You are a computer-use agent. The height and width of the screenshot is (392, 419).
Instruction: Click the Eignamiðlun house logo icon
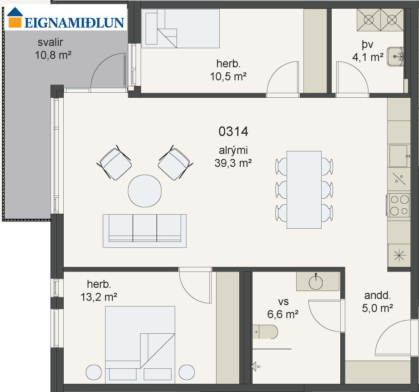coord(15,17)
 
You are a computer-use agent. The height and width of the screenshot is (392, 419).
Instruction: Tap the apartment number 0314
coord(233,131)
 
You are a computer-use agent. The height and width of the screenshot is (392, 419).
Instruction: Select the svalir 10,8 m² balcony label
coord(53,49)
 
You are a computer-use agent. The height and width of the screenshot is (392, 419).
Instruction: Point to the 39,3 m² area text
coord(233,163)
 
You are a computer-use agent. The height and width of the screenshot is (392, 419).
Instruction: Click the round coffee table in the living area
coord(145,191)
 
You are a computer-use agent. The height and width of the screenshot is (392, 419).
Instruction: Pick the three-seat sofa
coord(145,231)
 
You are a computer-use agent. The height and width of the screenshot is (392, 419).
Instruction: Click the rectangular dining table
coord(304,190)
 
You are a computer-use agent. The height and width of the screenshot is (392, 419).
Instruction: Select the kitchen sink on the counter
coord(399,156)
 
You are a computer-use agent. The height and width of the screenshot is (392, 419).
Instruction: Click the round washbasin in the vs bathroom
coord(316,282)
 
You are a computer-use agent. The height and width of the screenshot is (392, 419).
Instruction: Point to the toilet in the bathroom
coord(265,332)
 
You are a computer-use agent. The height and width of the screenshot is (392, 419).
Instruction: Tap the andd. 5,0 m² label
coord(377,302)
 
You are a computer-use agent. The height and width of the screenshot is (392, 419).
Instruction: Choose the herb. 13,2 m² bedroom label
coord(99,291)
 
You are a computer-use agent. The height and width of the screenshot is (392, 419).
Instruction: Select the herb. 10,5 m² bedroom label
coord(228,70)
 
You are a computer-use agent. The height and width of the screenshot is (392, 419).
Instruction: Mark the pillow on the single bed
coord(151,28)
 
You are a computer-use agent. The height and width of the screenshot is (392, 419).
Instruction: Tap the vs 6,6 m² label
coord(283,308)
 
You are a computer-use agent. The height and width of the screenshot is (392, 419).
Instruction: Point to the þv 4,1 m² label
coord(368,51)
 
